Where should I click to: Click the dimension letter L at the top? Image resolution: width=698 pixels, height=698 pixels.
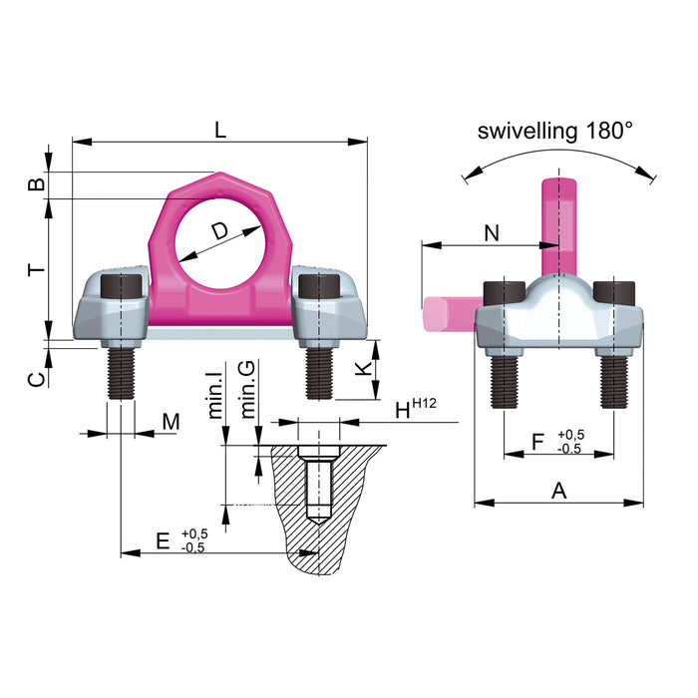point(220,129)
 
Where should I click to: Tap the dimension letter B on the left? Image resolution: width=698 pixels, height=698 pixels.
point(34,184)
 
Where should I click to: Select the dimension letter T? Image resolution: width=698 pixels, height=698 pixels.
point(34,269)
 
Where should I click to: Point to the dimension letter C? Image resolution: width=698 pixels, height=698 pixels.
point(34,378)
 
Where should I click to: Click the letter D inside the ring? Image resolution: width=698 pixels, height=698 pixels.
point(220,232)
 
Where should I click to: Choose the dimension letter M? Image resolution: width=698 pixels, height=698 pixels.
point(171,422)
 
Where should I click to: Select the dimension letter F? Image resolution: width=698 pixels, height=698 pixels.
point(537,440)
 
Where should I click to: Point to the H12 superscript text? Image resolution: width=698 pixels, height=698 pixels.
point(427,403)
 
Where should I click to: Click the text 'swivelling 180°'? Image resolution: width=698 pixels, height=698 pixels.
point(555,131)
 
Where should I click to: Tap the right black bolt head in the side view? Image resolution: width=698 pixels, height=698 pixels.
point(613,293)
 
